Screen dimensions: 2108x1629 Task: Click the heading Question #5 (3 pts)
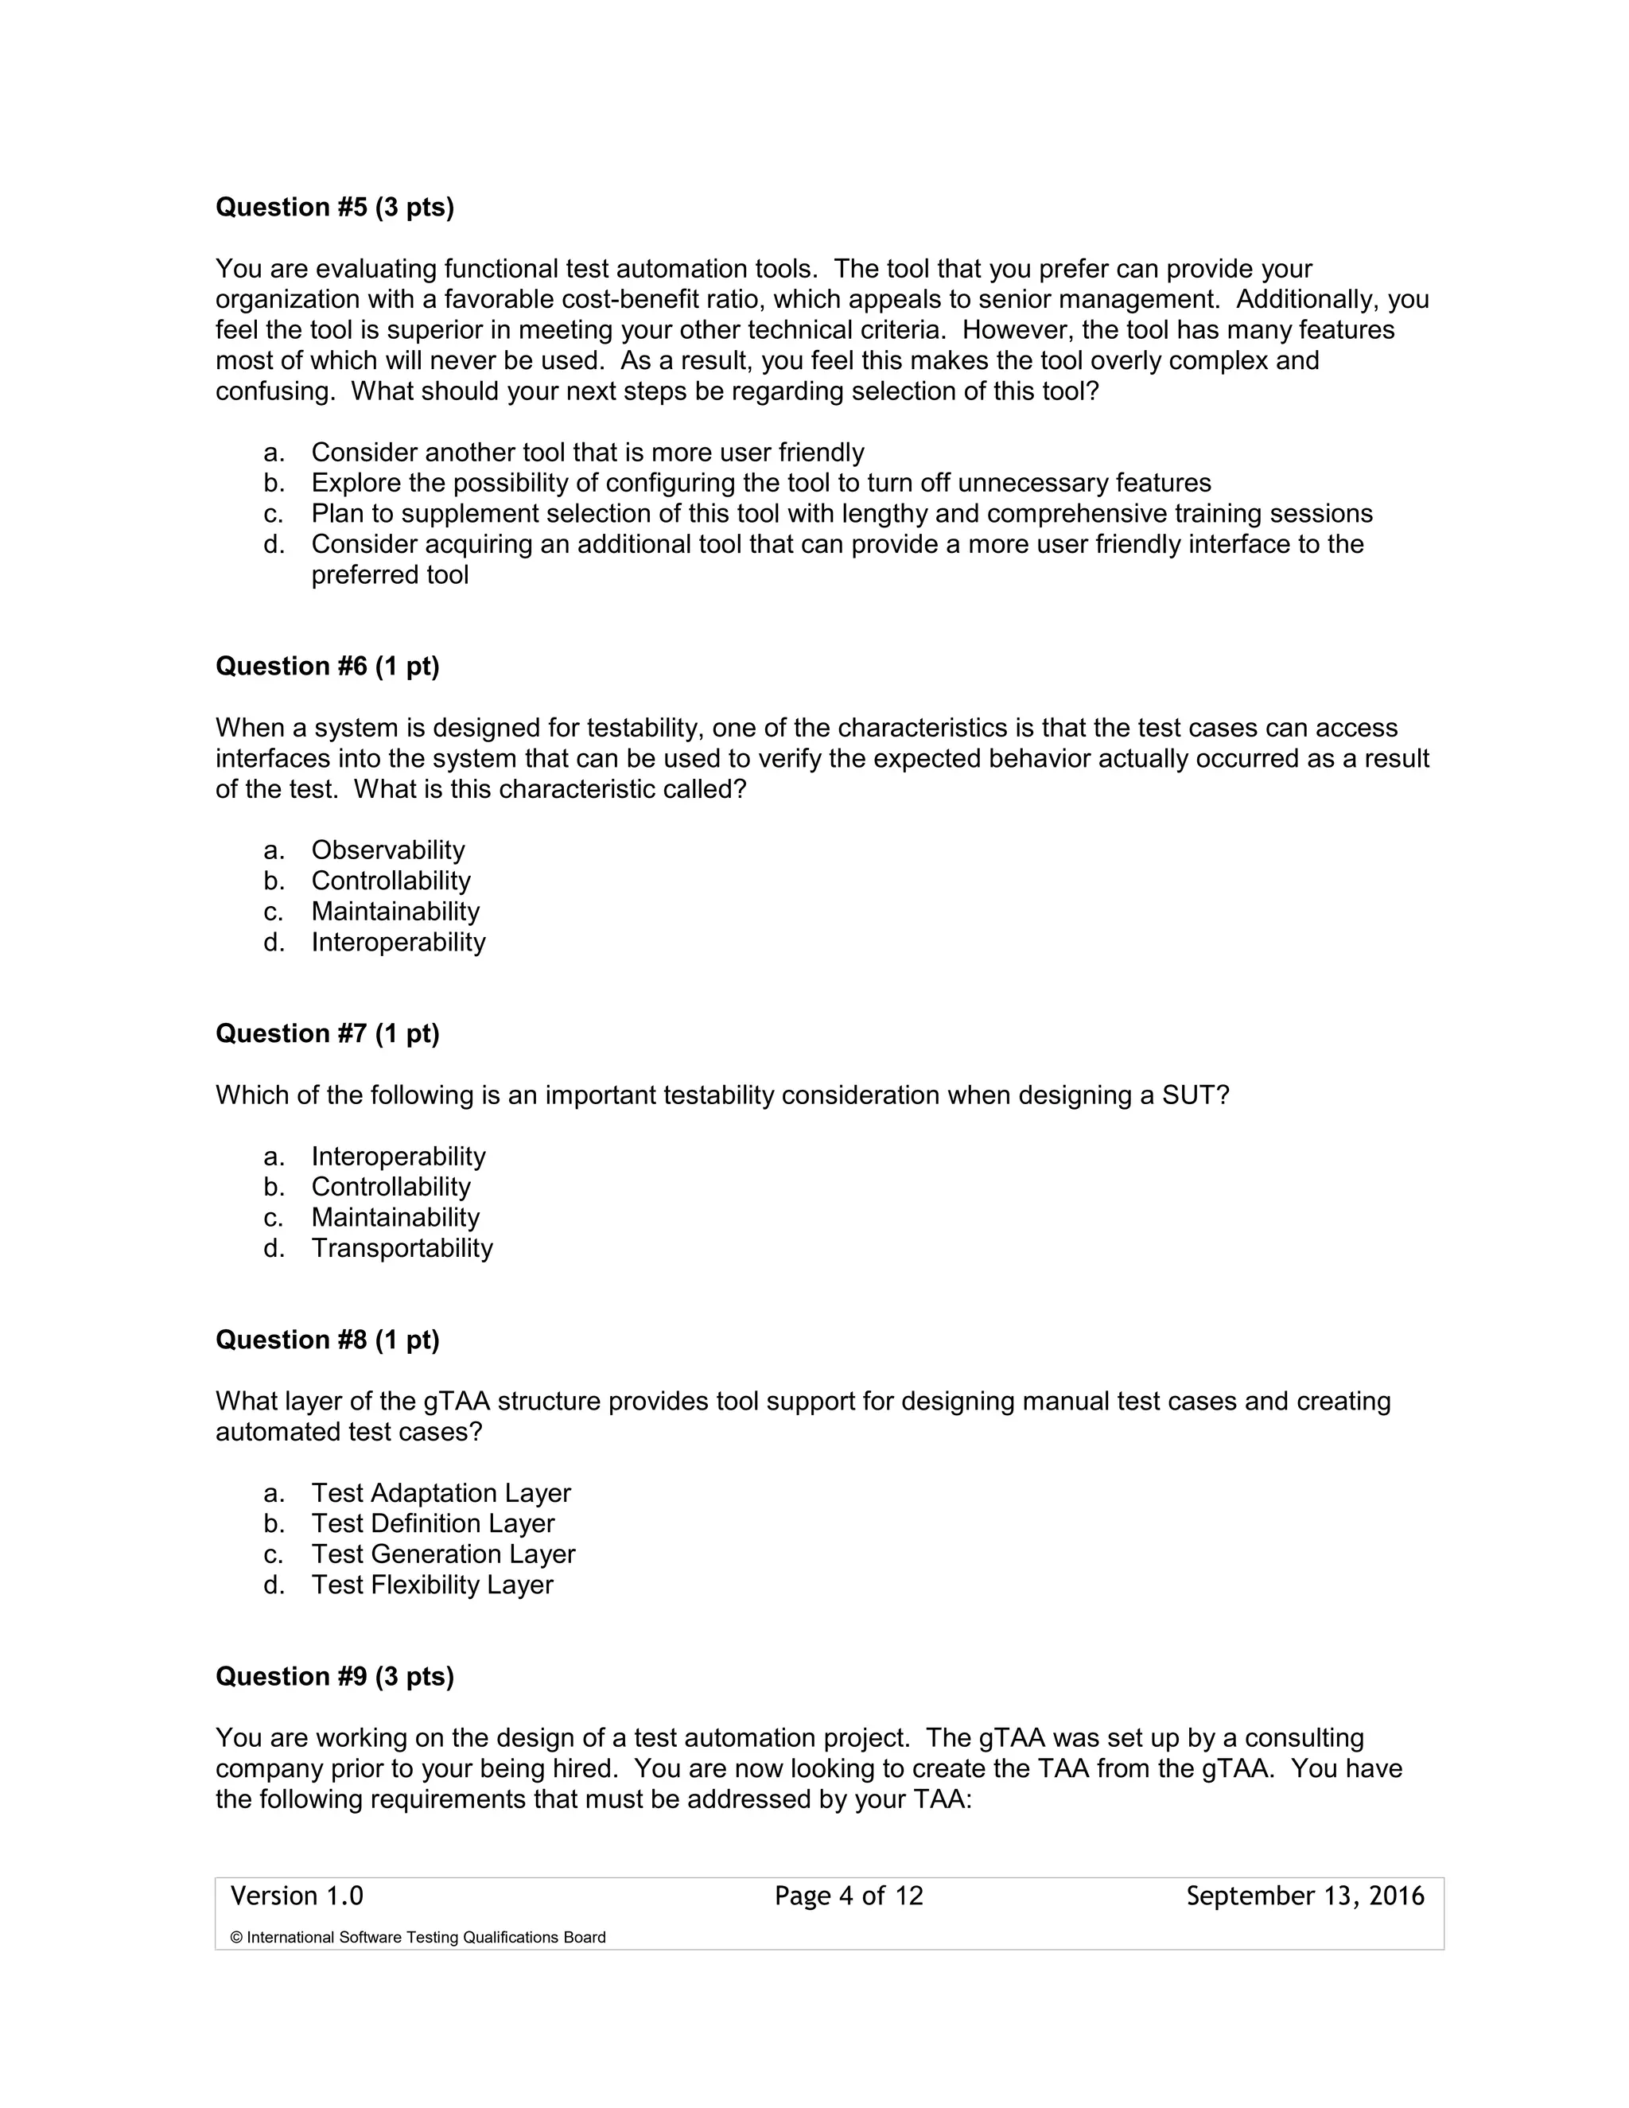334,208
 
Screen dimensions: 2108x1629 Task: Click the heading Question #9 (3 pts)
334,1677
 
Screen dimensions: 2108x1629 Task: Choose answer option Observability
387,850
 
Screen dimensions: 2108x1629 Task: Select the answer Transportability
402,1248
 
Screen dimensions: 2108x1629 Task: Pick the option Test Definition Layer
433,1523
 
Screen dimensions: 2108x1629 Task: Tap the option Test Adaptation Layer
440,1493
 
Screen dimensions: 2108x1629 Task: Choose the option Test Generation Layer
443,1554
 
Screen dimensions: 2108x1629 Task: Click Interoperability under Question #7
398,1157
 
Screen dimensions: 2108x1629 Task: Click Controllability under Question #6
390,881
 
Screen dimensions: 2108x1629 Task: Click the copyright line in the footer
418,1937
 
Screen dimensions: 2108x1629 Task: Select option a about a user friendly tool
587,453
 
